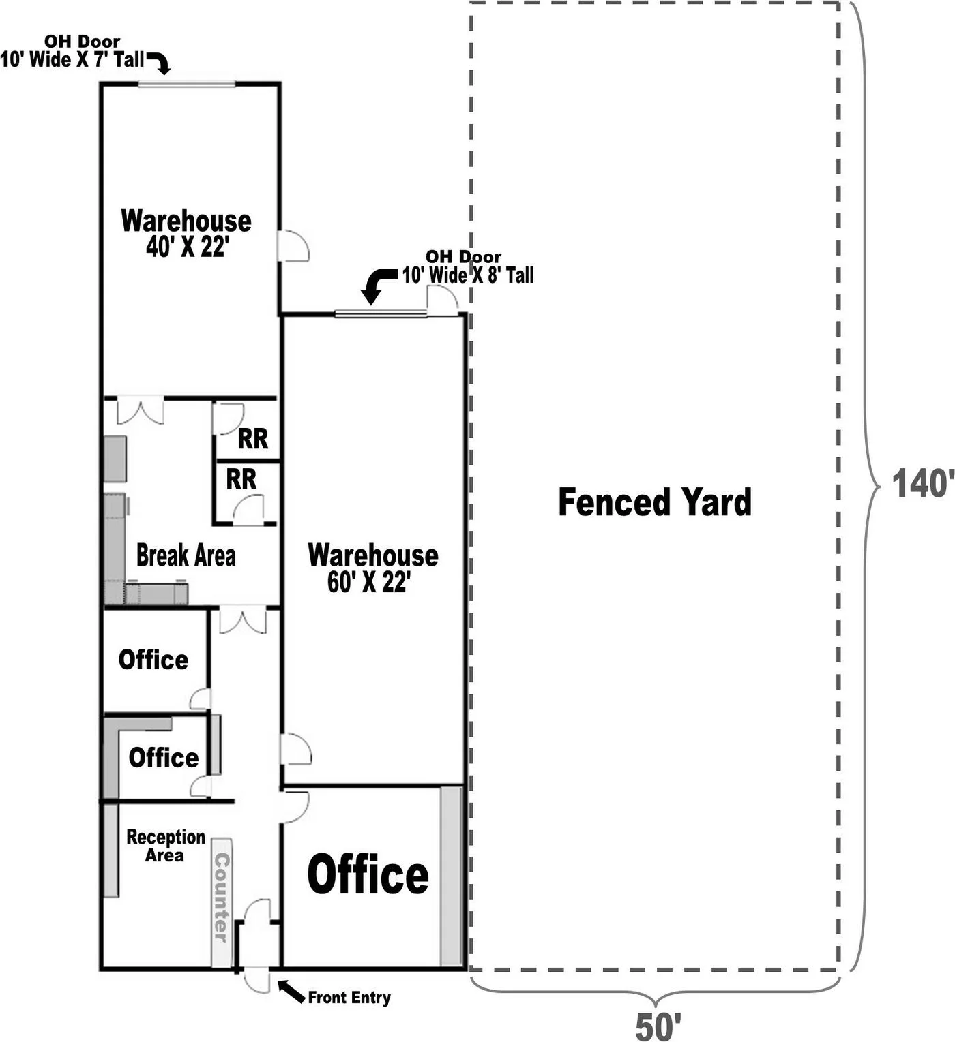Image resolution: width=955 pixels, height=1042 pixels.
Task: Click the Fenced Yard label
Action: pyautogui.click(x=654, y=502)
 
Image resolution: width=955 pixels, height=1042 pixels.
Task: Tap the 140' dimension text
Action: pyautogui.click(x=923, y=483)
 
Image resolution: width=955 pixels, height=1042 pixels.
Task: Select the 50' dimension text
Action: pyautogui.click(x=658, y=1026)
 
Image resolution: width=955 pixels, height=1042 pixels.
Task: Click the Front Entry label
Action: pyautogui.click(x=349, y=997)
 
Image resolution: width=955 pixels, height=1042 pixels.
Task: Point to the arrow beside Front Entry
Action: pyautogui.click(x=291, y=991)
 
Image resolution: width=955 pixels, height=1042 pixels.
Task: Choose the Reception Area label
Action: pyautogui.click(x=166, y=845)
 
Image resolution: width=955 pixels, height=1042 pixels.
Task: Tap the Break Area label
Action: pyautogui.click(x=186, y=555)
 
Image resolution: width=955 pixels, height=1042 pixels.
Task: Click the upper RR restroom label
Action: pyautogui.click(x=253, y=438)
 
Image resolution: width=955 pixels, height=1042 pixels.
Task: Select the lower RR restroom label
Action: pyautogui.click(x=241, y=479)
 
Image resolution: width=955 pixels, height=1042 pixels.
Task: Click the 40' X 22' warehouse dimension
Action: pyautogui.click(x=188, y=246)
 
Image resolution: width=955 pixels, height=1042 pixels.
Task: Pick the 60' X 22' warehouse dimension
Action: pyautogui.click(x=369, y=582)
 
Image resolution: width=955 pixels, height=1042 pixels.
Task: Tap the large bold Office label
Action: pyautogui.click(x=368, y=875)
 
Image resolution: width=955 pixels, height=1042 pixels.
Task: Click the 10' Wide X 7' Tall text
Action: pyautogui.click(x=72, y=60)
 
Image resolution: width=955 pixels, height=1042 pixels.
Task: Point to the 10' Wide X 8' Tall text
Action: pyautogui.click(x=468, y=275)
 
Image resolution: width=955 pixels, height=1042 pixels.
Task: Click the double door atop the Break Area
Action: pyautogui.click(x=140, y=410)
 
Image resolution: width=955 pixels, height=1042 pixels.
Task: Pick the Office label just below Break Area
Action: pyautogui.click(x=153, y=660)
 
